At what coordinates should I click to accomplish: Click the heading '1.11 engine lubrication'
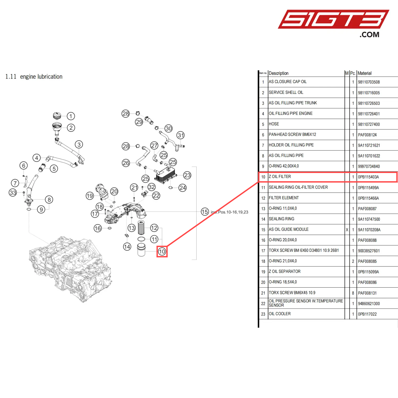click(34, 77)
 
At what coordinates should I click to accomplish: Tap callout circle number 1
click(71, 116)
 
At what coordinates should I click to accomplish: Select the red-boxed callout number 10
click(162, 252)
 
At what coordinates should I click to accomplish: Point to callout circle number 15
click(205, 212)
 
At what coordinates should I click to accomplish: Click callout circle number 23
click(187, 175)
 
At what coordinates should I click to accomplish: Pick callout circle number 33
click(13, 193)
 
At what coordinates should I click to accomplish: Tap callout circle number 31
click(181, 135)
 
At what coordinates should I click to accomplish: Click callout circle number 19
click(90, 196)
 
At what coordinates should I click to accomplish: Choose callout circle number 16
click(98, 228)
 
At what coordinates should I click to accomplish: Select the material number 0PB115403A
click(368, 177)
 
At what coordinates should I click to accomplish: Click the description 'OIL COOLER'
click(280, 314)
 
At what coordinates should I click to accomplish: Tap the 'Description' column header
click(279, 73)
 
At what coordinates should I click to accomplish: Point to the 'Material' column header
click(365, 73)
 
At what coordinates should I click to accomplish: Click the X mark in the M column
click(347, 230)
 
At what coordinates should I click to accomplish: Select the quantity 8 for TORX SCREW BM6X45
click(353, 293)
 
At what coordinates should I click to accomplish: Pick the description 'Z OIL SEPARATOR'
click(285, 272)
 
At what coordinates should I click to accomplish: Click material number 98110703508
click(369, 82)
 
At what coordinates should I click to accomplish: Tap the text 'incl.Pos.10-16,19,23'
click(230, 212)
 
